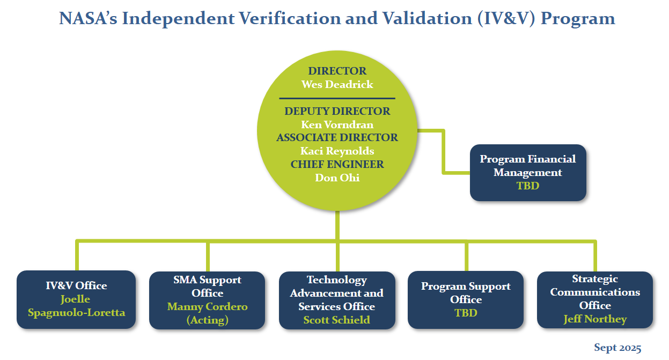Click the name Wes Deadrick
pos(337,85)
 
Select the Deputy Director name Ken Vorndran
pos(337,124)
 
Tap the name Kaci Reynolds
pos(337,151)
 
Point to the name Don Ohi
pos(337,178)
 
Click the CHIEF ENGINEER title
pos(337,164)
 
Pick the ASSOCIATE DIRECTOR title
pos(337,138)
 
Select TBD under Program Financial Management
pos(527,186)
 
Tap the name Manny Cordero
pos(207,307)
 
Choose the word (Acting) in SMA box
pos(207,320)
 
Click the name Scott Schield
pos(336,320)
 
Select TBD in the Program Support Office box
pos(465,313)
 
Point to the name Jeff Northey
pos(594,319)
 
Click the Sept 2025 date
pos(617,348)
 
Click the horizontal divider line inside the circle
pos(337,98)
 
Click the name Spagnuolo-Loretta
pos(76,312)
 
